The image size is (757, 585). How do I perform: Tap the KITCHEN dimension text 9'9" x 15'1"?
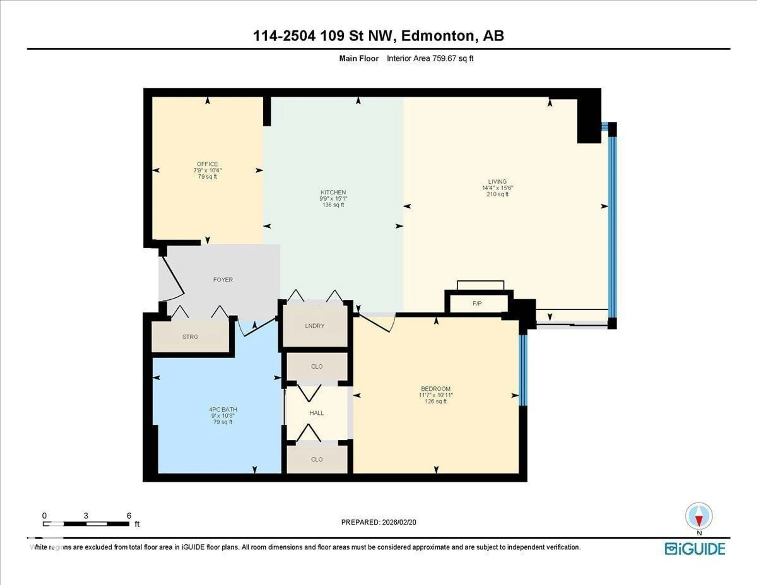click(x=333, y=199)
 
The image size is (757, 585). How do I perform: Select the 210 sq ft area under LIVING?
click(x=497, y=194)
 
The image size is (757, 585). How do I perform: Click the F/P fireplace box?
click(x=477, y=303)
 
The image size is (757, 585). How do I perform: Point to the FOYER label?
click(x=223, y=279)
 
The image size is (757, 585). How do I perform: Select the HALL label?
click(x=316, y=413)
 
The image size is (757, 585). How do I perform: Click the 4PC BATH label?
click(x=223, y=409)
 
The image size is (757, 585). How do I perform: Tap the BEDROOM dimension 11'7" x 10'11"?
click(x=436, y=395)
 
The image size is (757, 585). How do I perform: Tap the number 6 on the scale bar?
click(x=129, y=516)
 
